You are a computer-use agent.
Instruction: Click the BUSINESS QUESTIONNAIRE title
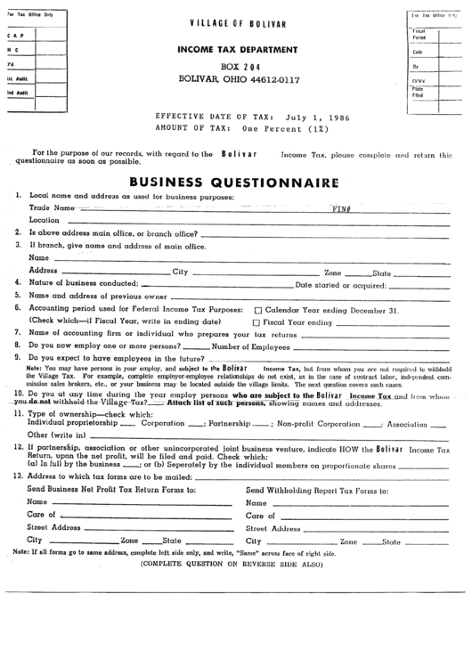[x=234, y=182]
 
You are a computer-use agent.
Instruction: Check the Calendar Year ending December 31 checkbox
[x=256, y=310]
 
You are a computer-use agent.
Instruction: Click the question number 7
[x=18, y=333]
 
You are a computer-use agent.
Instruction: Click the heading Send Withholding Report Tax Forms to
[x=316, y=490]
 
